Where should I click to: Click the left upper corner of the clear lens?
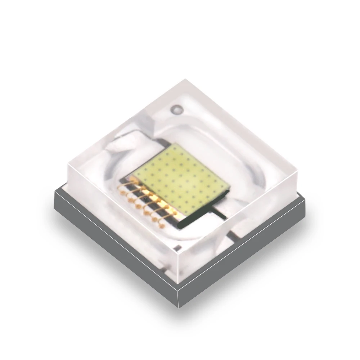[x=67, y=163]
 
